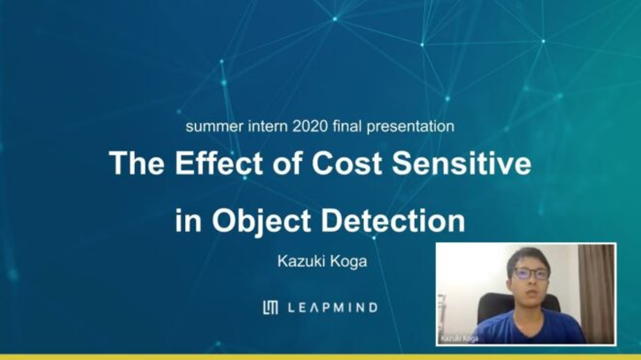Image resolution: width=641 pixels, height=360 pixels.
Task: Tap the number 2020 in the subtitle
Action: coord(310,126)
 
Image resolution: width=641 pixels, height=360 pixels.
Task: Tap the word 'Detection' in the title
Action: coord(394,221)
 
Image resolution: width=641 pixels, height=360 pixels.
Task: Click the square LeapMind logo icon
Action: coord(271,307)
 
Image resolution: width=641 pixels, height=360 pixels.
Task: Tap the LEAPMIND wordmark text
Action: coord(333,308)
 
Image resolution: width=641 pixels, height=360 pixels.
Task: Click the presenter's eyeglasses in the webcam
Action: coord(531,274)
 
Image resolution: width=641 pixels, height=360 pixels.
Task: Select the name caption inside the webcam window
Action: coord(459,339)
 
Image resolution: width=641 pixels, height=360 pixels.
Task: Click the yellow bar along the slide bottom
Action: coord(320,357)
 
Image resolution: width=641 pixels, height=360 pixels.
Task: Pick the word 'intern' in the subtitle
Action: coord(268,126)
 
